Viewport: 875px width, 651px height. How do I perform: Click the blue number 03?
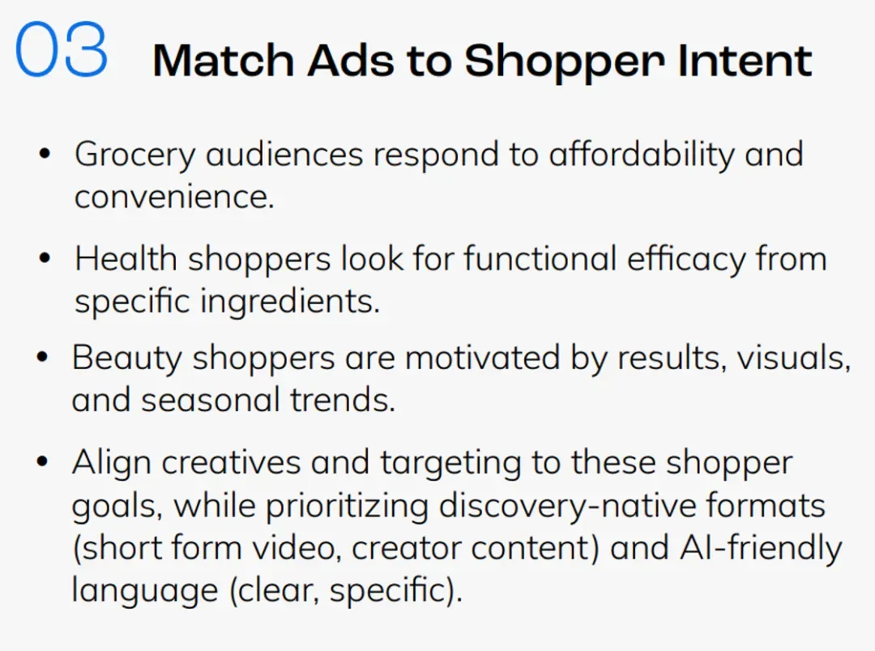[62, 49]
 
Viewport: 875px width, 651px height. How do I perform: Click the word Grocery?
[134, 156]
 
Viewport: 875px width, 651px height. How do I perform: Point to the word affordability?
[642, 155]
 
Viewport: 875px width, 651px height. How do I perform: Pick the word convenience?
[174, 197]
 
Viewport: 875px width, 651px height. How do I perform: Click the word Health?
[126, 259]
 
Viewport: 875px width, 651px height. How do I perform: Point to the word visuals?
[793, 358]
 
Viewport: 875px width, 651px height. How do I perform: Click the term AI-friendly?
[761, 549]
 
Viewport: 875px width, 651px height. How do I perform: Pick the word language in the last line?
[145, 592]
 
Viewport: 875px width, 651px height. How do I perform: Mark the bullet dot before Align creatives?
[42, 462]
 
